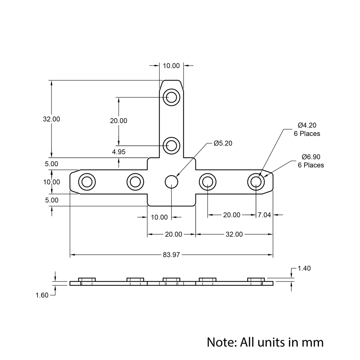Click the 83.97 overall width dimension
tap(171, 255)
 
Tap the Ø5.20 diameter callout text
tap(223, 143)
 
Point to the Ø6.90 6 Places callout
tap(311, 161)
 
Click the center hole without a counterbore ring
tap(172, 181)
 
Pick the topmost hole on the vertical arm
tap(171, 97)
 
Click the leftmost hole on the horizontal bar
tap(87, 181)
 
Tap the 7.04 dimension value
tap(264, 215)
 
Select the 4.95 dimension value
tap(119, 152)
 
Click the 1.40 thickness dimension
tap(304, 268)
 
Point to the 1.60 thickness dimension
tap(42, 295)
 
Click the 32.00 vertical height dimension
tap(51, 119)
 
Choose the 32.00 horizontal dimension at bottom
tap(234, 234)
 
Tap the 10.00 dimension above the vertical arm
tap(171, 66)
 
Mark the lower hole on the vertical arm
tap(171, 145)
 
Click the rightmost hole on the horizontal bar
tap(256, 181)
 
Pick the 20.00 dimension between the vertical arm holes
tap(118, 121)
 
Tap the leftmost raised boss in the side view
tap(87, 279)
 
